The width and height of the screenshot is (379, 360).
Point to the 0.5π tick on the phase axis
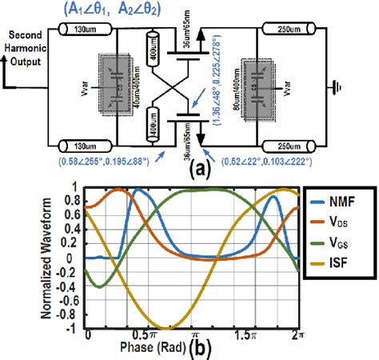coord(141,332)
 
